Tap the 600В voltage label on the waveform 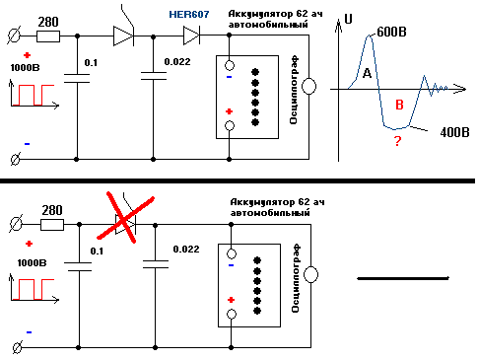(x=391, y=32)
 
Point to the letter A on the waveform (x=366, y=74)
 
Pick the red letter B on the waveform (x=399, y=105)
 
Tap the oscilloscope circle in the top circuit (x=308, y=87)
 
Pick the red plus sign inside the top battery (x=229, y=112)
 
